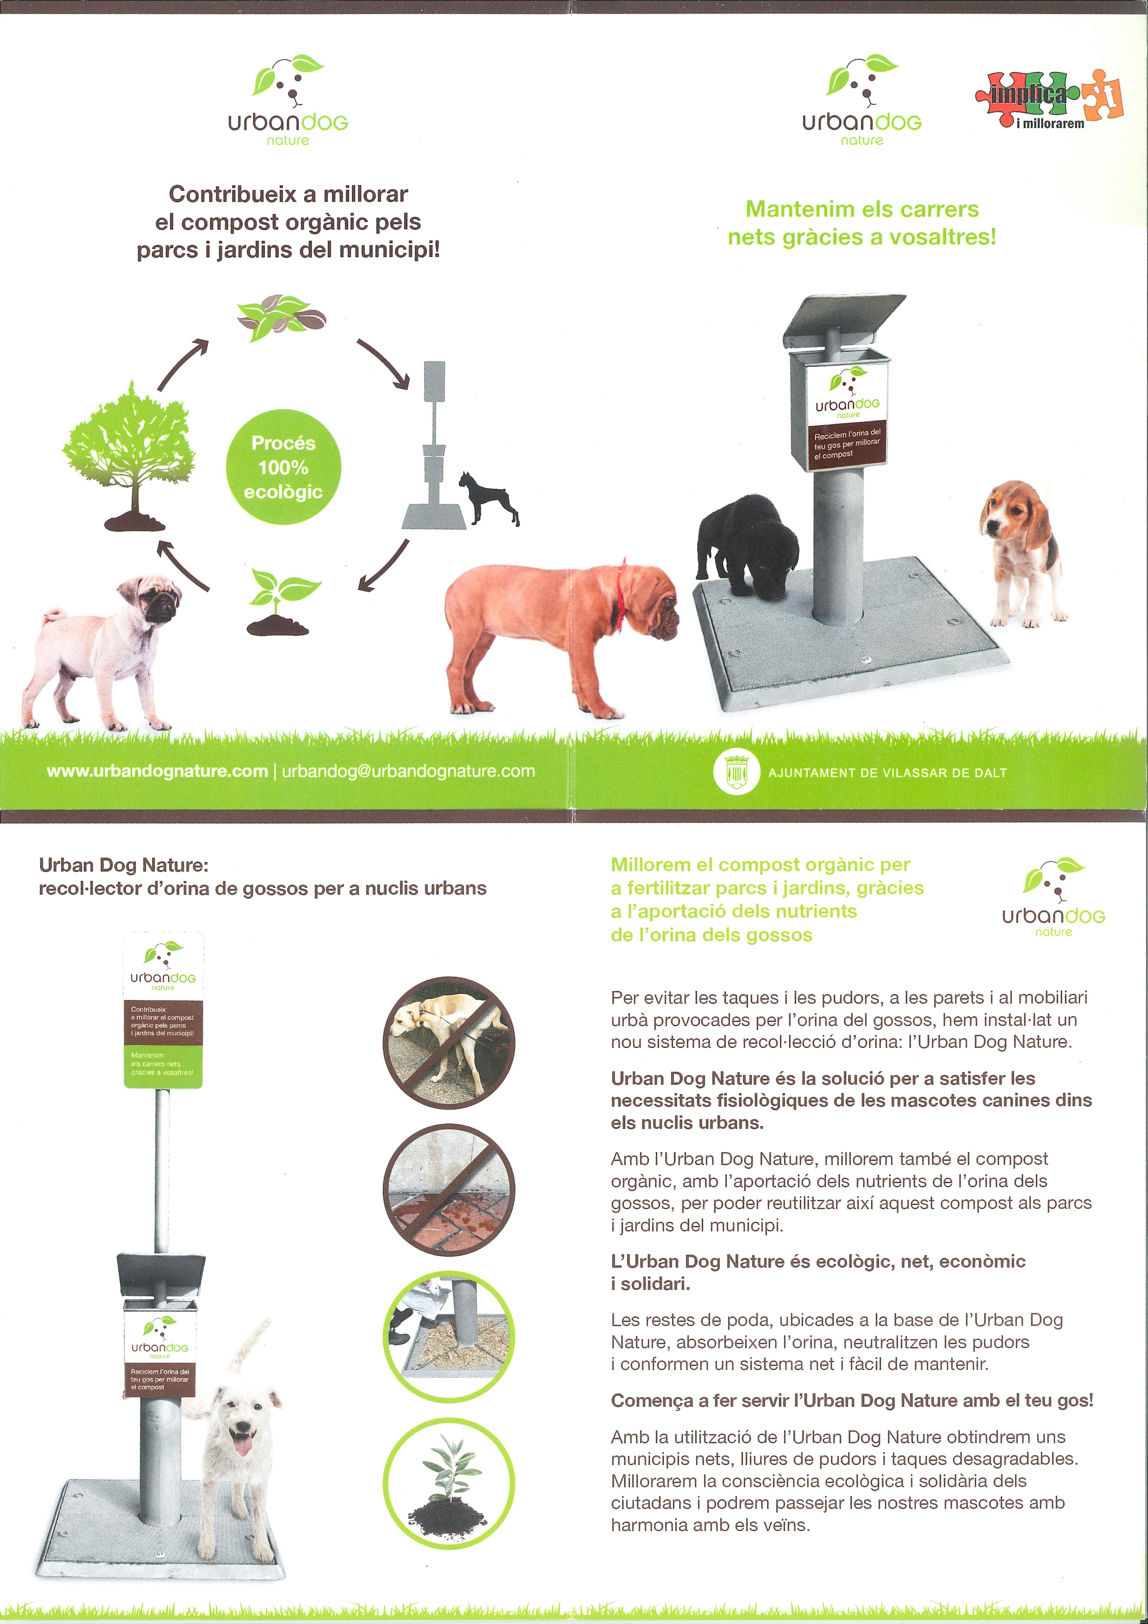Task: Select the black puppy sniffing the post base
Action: click(748, 545)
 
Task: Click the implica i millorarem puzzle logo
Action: click(1050, 99)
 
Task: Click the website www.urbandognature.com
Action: click(157, 771)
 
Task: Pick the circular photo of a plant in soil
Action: click(449, 1484)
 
